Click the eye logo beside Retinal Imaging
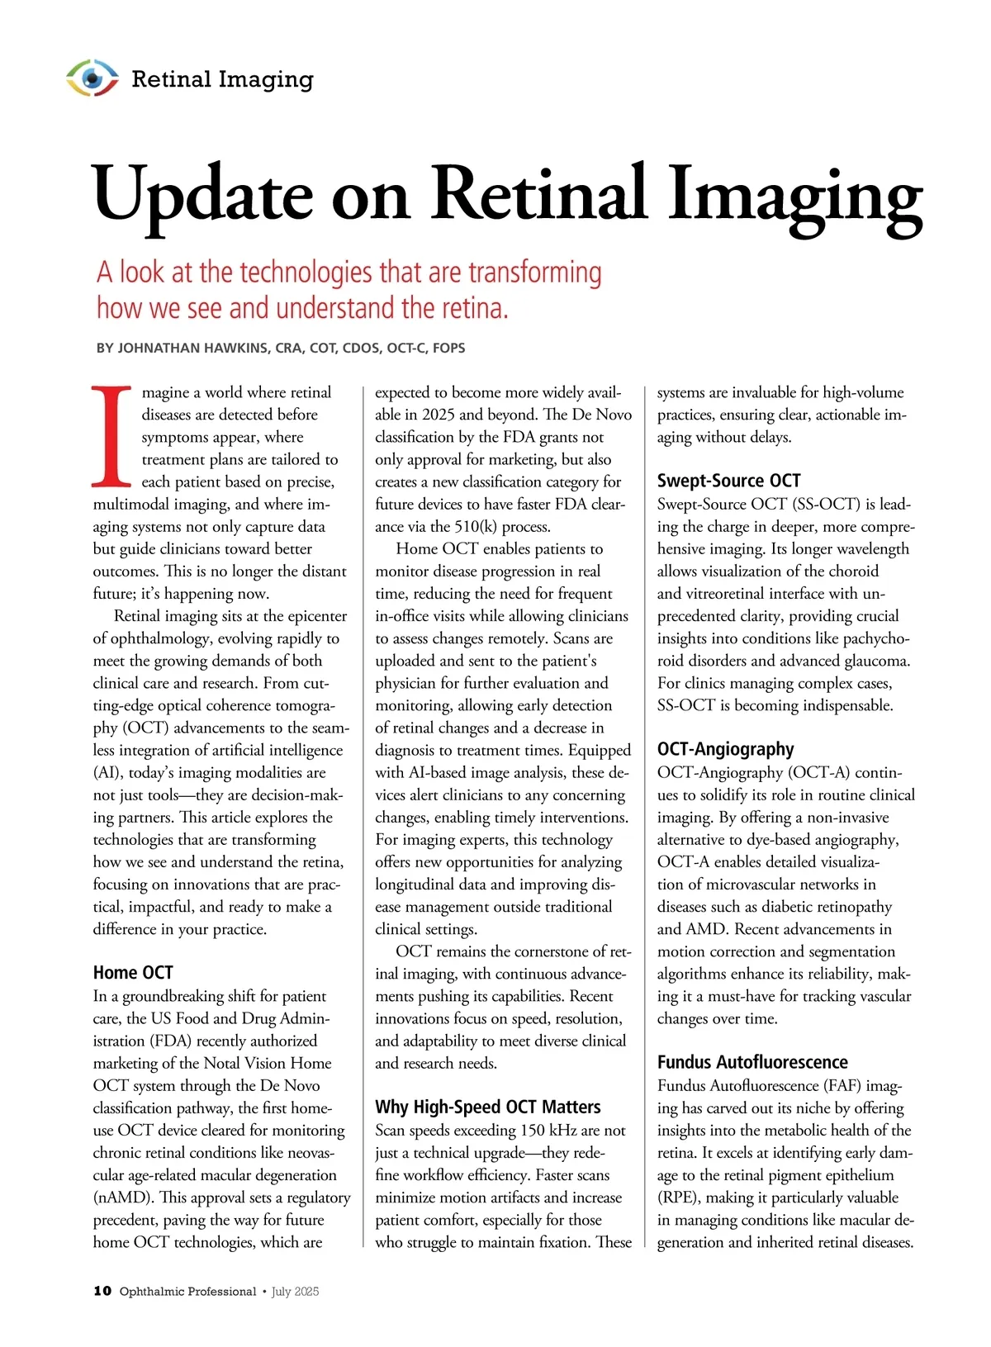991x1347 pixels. (x=92, y=78)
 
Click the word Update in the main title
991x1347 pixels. (x=203, y=195)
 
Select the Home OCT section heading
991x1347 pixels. (x=133, y=972)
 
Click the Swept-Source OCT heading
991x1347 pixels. (x=728, y=481)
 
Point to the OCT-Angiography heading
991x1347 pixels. (x=725, y=749)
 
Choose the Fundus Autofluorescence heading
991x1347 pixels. (x=752, y=1062)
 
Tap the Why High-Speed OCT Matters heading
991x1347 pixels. (x=488, y=1107)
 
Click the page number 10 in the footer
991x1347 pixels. (x=102, y=1291)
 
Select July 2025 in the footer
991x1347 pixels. (x=295, y=1292)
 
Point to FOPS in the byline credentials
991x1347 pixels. (x=448, y=349)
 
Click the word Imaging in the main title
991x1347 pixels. (x=794, y=195)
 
